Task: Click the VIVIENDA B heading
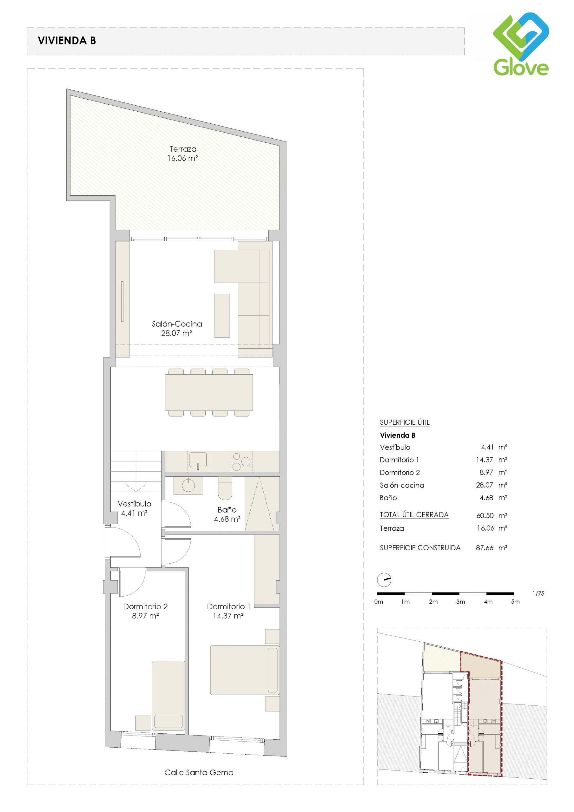[x=67, y=41]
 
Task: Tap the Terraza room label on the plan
[x=182, y=154]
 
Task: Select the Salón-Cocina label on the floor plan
[x=177, y=328]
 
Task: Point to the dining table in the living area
[x=209, y=392]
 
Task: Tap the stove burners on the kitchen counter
[x=241, y=462]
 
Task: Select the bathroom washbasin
[x=188, y=486]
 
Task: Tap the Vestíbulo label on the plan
[x=135, y=508]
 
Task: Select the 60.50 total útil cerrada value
[x=485, y=516]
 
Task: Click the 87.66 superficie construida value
[x=485, y=548]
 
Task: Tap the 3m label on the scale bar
[x=460, y=602]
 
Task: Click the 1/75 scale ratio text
[x=538, y=593]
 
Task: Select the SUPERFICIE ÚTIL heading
[x=405, y=422]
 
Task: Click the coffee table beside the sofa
[x=222, y=316]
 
